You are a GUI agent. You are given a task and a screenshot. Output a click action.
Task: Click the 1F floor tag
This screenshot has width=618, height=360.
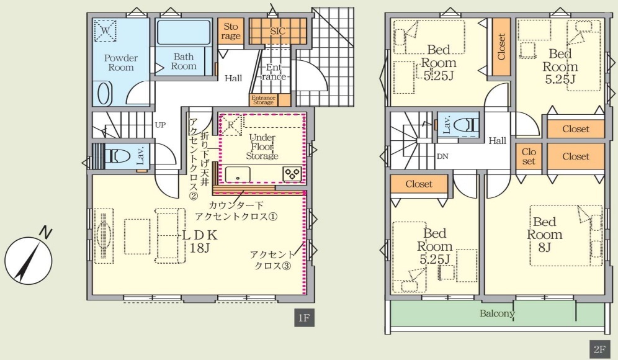tap(304, 317)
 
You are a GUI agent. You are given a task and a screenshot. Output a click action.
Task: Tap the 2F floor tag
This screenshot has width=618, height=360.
tap(599, 349)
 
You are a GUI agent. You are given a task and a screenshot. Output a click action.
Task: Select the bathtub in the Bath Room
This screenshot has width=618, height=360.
tap(184, 32)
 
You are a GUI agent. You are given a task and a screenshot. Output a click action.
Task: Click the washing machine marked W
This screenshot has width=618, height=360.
tap(105, 30)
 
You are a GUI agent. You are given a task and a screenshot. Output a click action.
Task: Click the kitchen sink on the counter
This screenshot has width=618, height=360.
tap(238, 174)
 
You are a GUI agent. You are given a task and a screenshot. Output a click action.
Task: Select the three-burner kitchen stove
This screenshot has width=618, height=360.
tap(292, 174)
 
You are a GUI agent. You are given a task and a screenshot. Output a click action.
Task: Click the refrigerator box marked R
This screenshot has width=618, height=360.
tap(231, 125)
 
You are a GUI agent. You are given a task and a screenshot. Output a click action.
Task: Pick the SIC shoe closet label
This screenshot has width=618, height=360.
tap(278, 31)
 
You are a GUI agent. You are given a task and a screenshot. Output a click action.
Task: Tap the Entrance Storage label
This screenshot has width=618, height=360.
tap(263, 100)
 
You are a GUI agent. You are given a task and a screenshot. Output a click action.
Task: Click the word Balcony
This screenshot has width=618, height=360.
tap(497, 314)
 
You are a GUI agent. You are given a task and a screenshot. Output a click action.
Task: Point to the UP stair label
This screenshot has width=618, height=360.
tap(161, 125)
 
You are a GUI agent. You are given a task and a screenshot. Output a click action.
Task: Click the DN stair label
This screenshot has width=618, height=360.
tap(442, 156)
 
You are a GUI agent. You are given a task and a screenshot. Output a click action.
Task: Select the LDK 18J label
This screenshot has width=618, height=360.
tap(200, 241)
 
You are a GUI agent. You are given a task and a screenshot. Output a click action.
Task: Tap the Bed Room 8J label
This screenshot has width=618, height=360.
tap(545, 234)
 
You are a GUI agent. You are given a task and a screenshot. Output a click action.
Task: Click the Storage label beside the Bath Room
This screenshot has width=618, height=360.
tap(231, 32)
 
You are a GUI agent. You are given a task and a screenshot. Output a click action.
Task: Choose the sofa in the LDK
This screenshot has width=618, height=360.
tap(170, 236)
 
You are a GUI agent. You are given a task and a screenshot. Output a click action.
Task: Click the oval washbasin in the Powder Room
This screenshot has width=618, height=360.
tap(103, 94)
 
